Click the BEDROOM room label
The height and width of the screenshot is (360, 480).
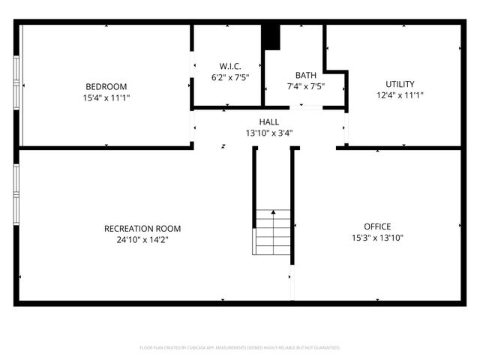pyautogui.click(x=106, y=86)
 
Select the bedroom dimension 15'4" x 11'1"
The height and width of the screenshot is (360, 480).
pyautogui.click(x=106, y=97)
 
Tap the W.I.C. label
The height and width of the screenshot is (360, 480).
pyautogui.click(x=230, y=66)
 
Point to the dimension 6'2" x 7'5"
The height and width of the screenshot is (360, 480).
pyautogui.click(x=230, y=76)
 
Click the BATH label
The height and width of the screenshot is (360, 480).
pyautogui.click(x=305, y=75)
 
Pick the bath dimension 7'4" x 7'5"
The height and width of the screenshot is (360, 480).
pyautogui.click(x=305, y=86)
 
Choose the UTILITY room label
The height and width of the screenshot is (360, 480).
pyautogui.click(x=400, y=84)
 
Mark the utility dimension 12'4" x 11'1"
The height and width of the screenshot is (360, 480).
pyautogui.click(x=400, y=95)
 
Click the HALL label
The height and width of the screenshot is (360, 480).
pyautogui.click(x=269, y=121)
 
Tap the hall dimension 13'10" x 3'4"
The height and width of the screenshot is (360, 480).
pyautogui.click(x=269, y=133)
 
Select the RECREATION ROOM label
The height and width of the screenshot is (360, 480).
pyautogui.click(x=142, y=229)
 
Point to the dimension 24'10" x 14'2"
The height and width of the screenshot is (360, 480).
pyautogui.click(x=142, y=240)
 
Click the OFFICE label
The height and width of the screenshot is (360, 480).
pyautogui.click(x=377, y=226)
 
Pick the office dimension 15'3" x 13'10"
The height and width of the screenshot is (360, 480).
pyautogui.click(x=377, y=238)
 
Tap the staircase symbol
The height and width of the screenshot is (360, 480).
pyautogui.click(x=273, y=232)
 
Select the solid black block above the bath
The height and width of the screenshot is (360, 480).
pyautogui.click(x=271, y=37)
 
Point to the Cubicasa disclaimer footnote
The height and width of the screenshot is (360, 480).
pyautogui.click(x=240, y=348)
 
